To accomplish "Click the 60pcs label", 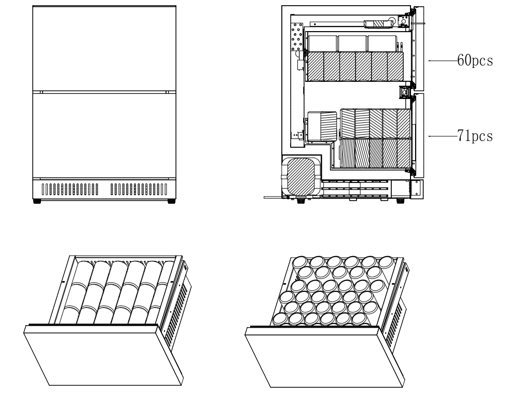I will [x=474, y=61].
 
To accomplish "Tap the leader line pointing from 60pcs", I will [x=442, y=61].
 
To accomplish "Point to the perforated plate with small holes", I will [x=297, y=36].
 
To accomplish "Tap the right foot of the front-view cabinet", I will [x=171, y=201].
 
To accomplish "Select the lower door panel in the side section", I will [x=421, y=134].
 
